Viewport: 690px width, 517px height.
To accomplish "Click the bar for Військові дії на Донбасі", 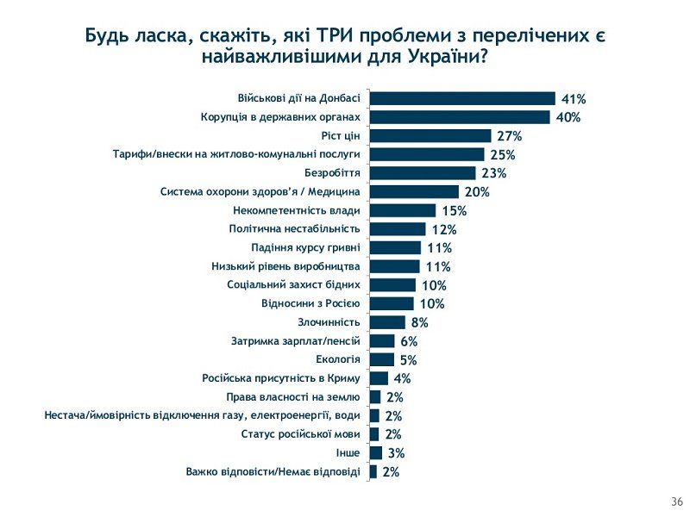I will click(462, 98).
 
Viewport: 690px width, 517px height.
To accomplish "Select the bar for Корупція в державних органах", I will click(460, 117).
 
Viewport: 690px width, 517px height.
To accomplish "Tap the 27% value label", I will click(510, 136).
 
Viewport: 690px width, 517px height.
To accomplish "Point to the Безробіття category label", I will click(331, 173).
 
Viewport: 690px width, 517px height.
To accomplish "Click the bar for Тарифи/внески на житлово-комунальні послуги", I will click(427, 154).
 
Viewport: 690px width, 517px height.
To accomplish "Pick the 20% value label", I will click(477, 192).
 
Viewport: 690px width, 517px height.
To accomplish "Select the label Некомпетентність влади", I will click(297, 210).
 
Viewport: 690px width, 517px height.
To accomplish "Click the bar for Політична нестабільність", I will click(398, 229).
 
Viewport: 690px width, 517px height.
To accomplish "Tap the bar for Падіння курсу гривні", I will click(395, 248).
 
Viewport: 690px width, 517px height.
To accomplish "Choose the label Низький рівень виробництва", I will click(285, 266).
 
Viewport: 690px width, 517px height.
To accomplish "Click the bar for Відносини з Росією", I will click(392, 303).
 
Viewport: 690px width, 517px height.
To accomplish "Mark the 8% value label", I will click(419, 323).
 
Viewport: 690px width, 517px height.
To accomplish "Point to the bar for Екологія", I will click(381, 359).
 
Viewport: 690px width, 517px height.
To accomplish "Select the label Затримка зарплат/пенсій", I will click(296, 341).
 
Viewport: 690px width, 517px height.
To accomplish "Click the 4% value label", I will click(402, 379).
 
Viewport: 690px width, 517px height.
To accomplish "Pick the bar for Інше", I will click(375, 453).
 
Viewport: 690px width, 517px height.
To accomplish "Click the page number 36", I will click(676, 501).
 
